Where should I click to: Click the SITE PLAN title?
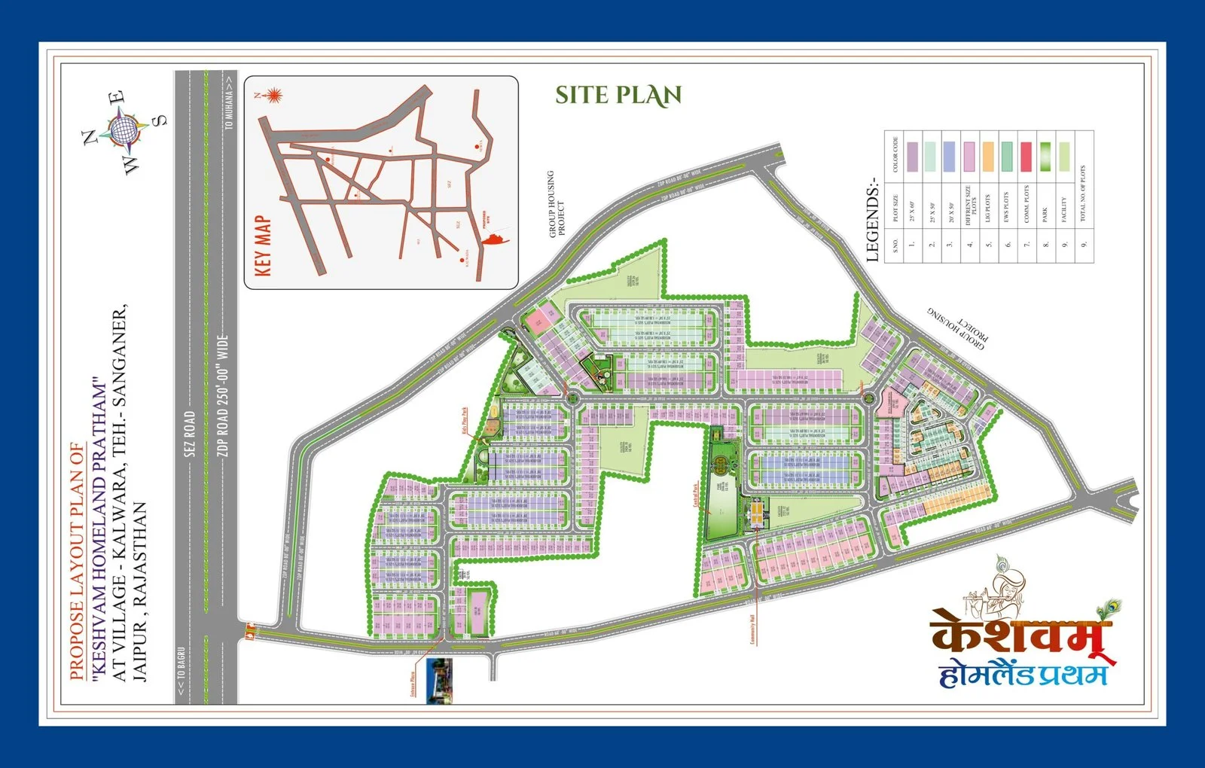click(x=618, y=96)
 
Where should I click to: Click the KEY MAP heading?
click(x=264, y=246)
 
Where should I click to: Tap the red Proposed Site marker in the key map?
click(x=493, y=239)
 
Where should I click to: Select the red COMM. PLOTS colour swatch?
click(x=1026, y=157)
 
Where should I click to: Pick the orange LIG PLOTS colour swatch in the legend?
click(x=987, y=157)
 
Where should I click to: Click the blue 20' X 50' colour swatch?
click(x=948, y=157)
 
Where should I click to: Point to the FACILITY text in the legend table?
click(x=1064, y=210)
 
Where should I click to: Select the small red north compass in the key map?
click(x=273, y=96)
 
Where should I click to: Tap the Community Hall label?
click(x=752, y=630)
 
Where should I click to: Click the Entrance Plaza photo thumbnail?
click(x=438, y=681)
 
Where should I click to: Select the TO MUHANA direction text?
click(x=229, y=106)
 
